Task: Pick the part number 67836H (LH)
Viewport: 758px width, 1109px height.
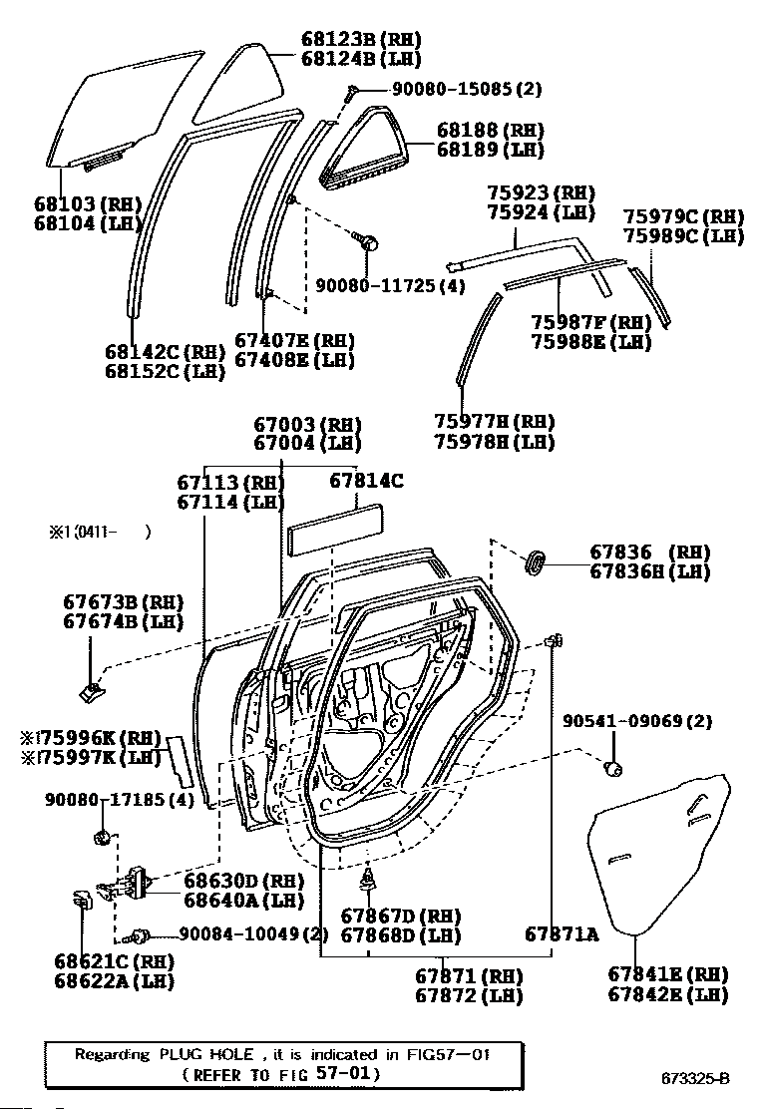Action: pos(649,571)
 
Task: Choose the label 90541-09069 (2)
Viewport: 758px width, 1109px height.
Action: pos(637,721)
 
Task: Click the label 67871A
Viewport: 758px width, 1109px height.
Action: pos(562,934)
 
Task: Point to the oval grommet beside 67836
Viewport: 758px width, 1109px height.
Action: pos(537,561)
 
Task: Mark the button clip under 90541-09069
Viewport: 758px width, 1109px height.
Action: pos(614,767)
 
